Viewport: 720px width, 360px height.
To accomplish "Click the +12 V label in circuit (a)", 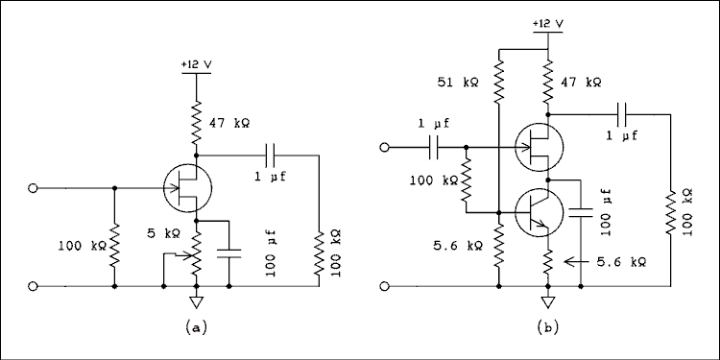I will pos(196,65).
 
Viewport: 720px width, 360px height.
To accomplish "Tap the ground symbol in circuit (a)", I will pos(197,300).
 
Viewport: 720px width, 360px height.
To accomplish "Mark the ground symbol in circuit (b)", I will pos(546,300).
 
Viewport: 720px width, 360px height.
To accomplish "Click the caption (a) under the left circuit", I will pos(195,327).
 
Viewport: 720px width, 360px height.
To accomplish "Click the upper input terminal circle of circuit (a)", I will pos(34,187).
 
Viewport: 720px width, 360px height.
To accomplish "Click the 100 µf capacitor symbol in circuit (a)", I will pos(230,253).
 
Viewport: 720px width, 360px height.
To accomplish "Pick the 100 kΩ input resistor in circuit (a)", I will pos(114,245).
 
